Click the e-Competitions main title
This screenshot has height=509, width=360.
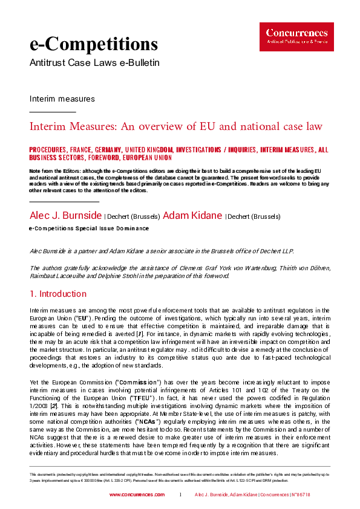94,44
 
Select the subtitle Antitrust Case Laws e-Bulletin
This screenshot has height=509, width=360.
94,63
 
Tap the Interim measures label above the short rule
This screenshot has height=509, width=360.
62,99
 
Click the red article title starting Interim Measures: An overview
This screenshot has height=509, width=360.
175,126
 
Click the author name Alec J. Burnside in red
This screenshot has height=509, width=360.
66,216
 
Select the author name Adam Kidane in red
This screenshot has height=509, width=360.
193,216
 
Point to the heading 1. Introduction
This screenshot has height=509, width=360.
58,294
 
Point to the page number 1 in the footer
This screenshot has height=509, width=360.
180,494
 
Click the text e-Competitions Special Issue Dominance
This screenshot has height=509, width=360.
89,229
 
